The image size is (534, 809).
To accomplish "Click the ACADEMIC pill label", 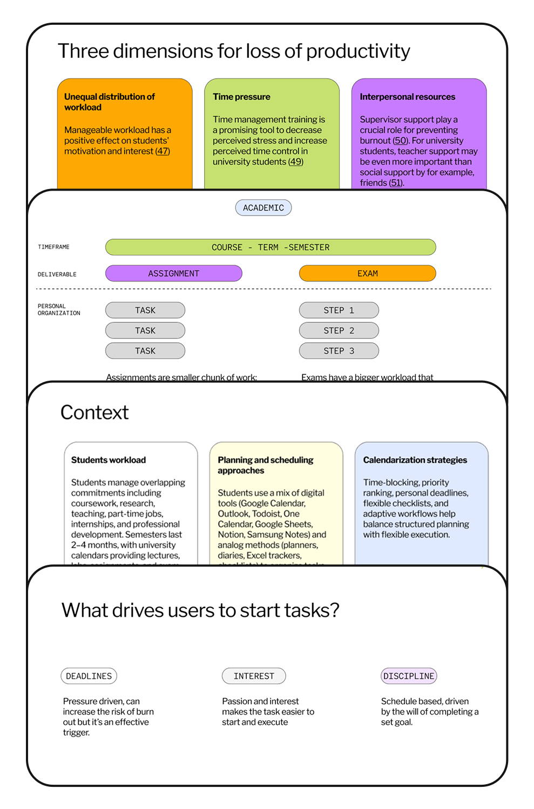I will click(263, 208).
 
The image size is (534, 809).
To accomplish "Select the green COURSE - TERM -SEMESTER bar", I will click(271, 247).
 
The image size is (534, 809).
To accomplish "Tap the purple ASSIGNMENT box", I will click(174, 274).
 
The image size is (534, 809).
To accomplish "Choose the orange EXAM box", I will click(367, 274).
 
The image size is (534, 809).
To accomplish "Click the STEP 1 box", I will click(339, 311).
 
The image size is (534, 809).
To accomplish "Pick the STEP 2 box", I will click(339, 331).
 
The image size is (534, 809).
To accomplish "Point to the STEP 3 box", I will click(339, 351).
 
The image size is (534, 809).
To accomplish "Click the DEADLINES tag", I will click(89, 676).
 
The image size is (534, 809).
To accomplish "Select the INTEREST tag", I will click(254, 676).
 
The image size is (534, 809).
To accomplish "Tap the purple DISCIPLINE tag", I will click(409, 676).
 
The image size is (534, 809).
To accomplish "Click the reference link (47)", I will click(163, 151).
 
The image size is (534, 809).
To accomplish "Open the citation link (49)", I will click(296, 162).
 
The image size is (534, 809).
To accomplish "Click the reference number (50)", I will click(401, 140).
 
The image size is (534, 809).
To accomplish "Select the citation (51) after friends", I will click(396, 183).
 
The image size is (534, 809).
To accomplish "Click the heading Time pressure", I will click(241, 97).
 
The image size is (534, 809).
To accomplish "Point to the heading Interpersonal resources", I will click(408, 97).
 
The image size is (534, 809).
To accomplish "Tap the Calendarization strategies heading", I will click(415, 460).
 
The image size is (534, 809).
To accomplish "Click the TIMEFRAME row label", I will click(53, 247).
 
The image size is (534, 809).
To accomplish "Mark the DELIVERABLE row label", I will click(57, 274).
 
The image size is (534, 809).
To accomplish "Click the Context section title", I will click(94, 413).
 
